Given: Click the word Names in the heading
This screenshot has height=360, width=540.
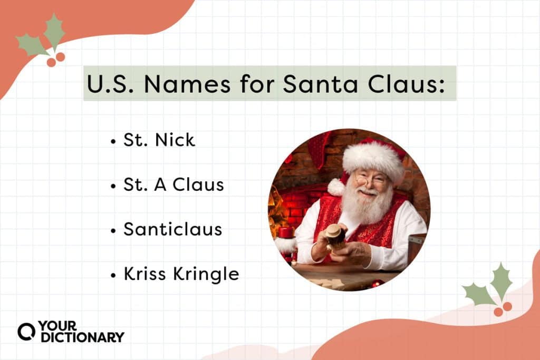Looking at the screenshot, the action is pyautogui.click(x=187, y=84).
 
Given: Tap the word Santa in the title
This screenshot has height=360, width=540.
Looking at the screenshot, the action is pyautogui.click(x=320, y=84).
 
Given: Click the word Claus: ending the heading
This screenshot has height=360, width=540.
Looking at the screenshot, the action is pyautogui.click(x=407, y=84).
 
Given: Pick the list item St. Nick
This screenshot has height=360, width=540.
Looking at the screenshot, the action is pyautogui.click(x=159, y=140).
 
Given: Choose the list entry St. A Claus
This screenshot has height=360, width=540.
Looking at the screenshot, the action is pyautogui.click(x=173, y=185).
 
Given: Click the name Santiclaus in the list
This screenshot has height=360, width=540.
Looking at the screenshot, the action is pyautogui.click(x=172, y=229).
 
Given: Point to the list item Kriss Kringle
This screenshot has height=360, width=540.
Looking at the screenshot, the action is pyautogui.click(x=181, y=274).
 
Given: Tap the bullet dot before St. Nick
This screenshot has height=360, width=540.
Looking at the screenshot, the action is pyautogui.click(x=113, y=141).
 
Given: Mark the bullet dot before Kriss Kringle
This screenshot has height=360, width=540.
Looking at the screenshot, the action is pyautogui.click(x=113, y=275).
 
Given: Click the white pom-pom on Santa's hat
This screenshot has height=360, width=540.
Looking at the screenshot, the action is pyautogui.click(x=336, y=188).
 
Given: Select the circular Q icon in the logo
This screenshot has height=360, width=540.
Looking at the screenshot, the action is pyautogui.click(x=26, y=332).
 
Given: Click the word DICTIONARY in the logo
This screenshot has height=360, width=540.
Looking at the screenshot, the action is pyautogui.click(x=83, y=338).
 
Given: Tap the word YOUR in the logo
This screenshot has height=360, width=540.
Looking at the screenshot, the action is pyautogui.click(x=57, y=326).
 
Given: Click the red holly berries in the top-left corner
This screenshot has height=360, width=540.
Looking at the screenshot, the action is pyautogui.click(x=56, y=60).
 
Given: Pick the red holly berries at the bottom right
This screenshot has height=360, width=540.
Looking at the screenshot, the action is pyautogui.click(x=503, y=309).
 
